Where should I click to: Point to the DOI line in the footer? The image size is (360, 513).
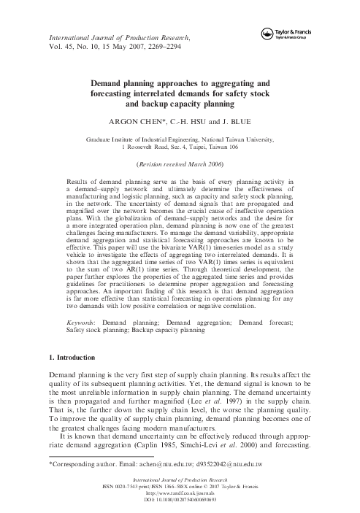(180, 501)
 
